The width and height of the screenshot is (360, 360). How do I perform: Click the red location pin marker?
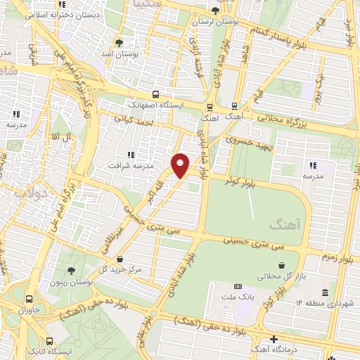(x=181, y=165)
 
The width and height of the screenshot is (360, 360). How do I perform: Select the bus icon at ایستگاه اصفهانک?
(x=155, y=94)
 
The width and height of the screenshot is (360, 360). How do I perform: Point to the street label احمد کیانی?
(x=149, y=121)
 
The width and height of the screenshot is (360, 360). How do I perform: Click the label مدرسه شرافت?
(x=129, y=165)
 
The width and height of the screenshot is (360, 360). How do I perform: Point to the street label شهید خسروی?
(x=247, y=141)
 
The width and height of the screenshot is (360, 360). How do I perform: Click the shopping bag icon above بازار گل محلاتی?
(x=282, y=265)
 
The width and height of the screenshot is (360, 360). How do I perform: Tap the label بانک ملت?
(x=238, y=297)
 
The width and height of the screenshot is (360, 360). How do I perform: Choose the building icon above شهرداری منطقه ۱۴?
(x=324, y=292)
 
